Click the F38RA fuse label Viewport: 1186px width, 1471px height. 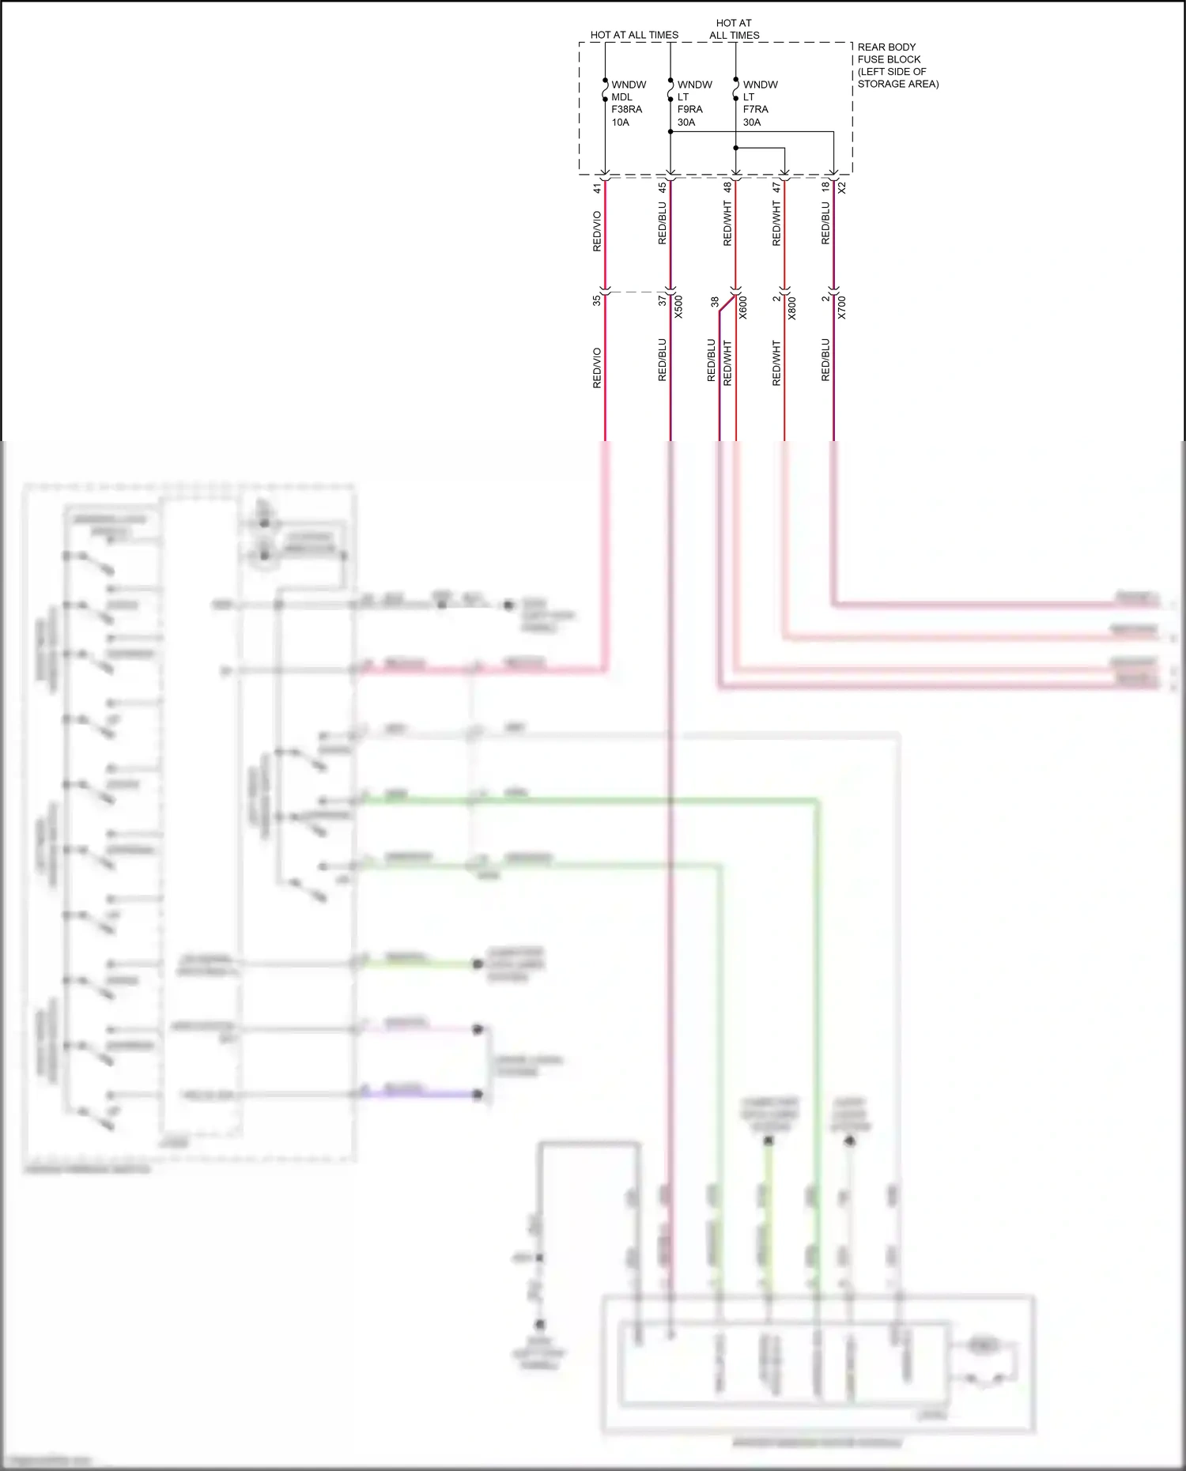point(626,109)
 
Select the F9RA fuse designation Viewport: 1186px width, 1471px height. point(689,109)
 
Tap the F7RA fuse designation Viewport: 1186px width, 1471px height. point(755,109)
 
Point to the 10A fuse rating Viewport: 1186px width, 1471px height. point(620,122)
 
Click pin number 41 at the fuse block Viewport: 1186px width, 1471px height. point(597,188)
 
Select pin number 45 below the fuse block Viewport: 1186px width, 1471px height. point(663,188)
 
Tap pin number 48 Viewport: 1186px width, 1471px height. point(727,188)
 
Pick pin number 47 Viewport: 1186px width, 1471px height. point(776,188)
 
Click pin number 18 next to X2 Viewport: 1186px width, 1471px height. point(825,186)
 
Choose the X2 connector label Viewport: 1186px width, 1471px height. point(842,188)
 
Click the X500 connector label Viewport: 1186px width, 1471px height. point(678,307)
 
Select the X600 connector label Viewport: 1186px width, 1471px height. point(743,307)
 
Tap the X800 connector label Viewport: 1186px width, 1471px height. point(792,307)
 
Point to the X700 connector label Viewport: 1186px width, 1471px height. point(842,307)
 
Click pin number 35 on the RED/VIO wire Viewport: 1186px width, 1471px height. point(597,300)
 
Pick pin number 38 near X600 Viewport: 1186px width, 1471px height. point(715,302)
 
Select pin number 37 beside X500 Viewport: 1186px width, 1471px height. point(663,300)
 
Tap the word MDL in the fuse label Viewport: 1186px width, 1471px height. point(621,97)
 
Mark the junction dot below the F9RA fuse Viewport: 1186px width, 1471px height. point(670,132)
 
